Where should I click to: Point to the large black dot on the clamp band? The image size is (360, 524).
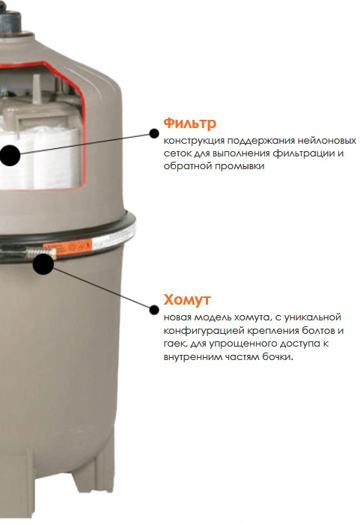pos(43,261)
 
